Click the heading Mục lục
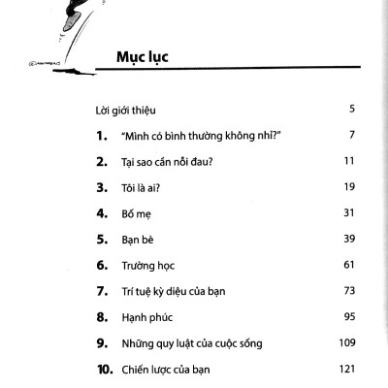(x=142, y=56)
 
